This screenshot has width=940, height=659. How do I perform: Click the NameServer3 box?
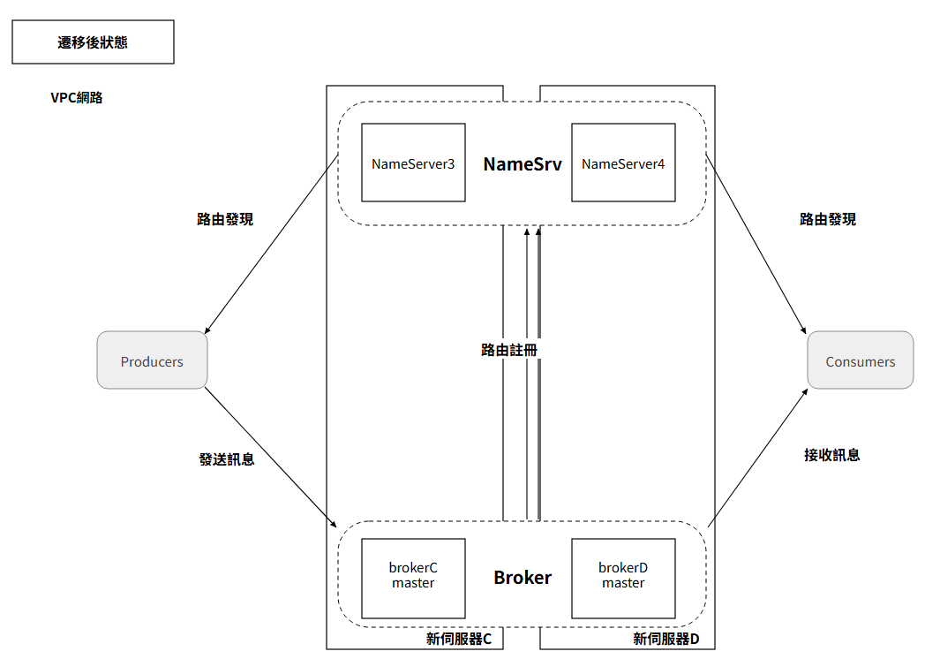pos(413,163)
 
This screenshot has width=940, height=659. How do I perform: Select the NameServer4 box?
pos(623,163)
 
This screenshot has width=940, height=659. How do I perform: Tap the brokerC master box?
pos(413,578)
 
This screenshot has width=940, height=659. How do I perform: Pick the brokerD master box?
pos(623,578)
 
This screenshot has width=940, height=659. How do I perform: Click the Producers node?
pos(153,360)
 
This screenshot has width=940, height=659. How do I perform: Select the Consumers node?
pos(861,360)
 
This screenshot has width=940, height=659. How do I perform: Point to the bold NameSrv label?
pos(523,163)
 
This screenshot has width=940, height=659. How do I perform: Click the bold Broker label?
pos(523,578)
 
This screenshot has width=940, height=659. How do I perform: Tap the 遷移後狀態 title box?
pos(93,42)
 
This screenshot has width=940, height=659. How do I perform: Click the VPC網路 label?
pos(77,98)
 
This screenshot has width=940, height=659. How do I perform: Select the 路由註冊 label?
pos(509,350)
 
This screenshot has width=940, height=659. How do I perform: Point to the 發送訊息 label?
pos(227,459)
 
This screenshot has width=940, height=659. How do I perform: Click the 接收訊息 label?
pos(832,455)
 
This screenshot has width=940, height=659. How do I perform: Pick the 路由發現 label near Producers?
pos(225,219)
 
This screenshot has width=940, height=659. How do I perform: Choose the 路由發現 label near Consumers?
pos(828,219)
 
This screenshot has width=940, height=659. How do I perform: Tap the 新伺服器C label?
pos(459,640)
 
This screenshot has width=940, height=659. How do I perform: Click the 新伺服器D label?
pos(666,640)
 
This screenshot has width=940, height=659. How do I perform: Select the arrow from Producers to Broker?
pos(270,458)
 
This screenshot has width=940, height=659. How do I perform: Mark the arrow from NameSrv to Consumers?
pos(756,245)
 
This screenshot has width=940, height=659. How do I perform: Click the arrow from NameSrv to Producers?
pos(272,245)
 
